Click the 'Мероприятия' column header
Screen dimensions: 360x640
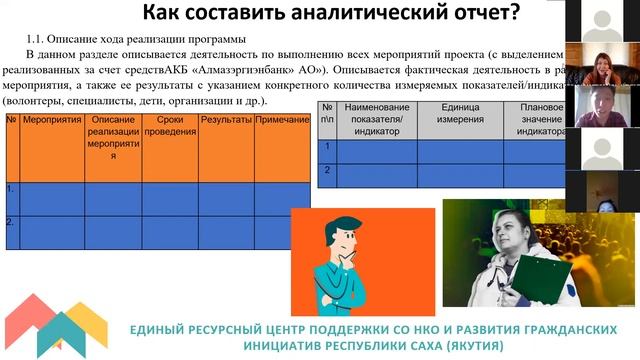[46, 120]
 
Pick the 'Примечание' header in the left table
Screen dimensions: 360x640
[282, 120]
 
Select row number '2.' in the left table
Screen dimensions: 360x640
[11, 221]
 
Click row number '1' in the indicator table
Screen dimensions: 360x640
[326, 146]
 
